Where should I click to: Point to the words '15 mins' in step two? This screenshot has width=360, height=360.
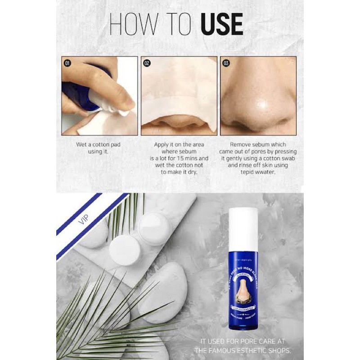pyautogui.click(x=195, y=158)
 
